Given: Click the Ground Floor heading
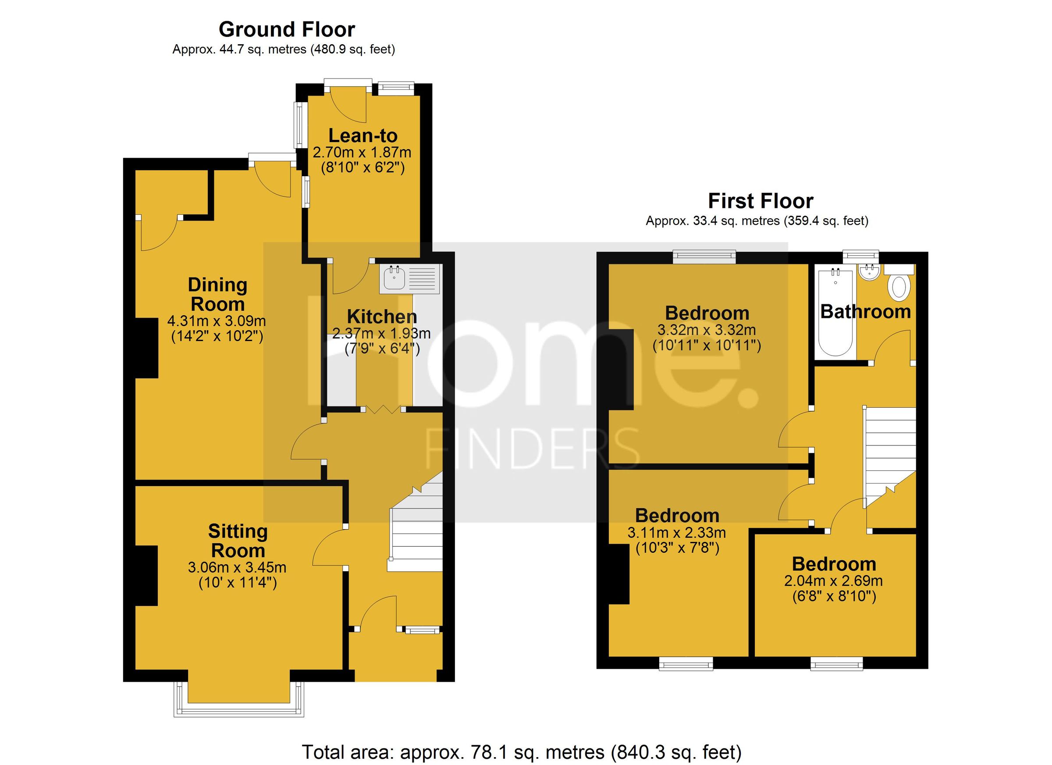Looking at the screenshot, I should coord(287,30).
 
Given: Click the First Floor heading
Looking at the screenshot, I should coord(760,201).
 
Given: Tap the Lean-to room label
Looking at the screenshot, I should coord(363,135).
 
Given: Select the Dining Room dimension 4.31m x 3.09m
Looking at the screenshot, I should coord(217,320).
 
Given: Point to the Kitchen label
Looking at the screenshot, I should coord(382,317).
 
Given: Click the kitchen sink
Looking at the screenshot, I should coord(394,279).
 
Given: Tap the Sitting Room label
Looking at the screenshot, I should coord(238,541).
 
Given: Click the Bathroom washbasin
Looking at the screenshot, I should coord(868,272).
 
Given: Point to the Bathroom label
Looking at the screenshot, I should coord(866,312).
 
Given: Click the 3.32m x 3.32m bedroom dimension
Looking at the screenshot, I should coord(707,330).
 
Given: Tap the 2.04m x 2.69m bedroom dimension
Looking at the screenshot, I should coord(833,581).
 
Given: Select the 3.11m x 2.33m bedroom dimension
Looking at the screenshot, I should coord(677,533).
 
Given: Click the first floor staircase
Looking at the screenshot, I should coord(890,455).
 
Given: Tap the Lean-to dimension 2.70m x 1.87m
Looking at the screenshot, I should coord(362,152).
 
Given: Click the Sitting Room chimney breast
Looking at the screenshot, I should coord(146,575).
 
